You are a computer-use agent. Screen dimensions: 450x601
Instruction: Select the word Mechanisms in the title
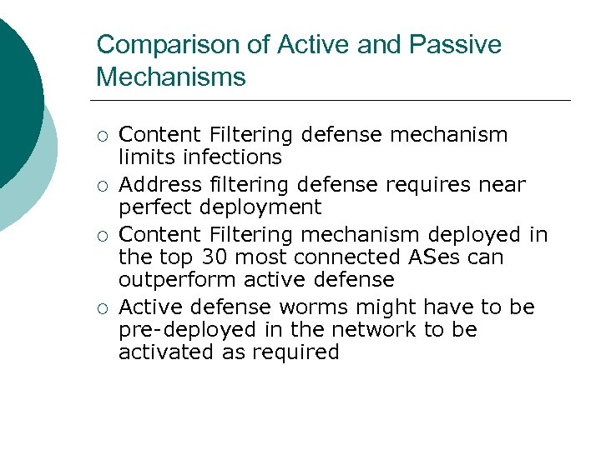(171, 77)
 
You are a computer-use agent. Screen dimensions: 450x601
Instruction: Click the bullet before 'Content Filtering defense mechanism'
(102, 135)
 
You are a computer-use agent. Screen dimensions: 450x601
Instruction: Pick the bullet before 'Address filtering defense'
(102, 186)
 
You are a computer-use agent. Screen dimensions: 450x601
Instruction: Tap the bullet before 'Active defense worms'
(102, 309)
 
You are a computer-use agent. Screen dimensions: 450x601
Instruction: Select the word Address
(155, 184)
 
